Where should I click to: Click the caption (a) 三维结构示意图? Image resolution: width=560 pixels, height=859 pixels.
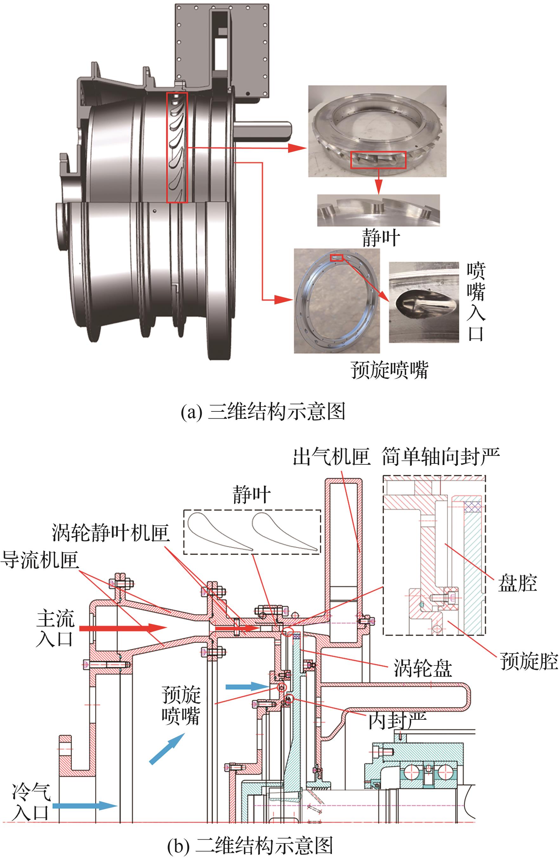click(x=263, y=411)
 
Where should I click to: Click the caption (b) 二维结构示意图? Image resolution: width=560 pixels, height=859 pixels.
click(x=250, y=846)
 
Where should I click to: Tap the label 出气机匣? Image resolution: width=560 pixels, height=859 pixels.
click(x=332, y=457)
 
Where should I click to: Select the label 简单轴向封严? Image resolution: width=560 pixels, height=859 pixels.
click(x=440, y=457)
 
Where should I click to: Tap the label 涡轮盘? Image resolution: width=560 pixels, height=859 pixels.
click(x=422, y=668)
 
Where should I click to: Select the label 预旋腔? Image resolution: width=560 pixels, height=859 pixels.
click(x=529, y=661)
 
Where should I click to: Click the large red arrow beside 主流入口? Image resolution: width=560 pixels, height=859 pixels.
click(x=123, y=628)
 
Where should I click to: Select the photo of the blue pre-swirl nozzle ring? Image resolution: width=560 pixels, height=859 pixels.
click(x=337, y=301)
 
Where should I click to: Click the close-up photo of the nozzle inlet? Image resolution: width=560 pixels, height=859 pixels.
click(x=424, y=302)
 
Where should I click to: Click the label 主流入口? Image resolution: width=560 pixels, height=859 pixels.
click(x=55, y=628)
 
